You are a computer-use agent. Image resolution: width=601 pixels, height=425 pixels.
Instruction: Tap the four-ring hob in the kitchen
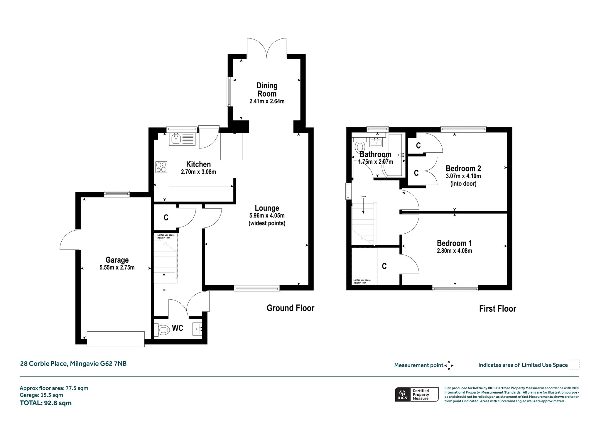click(161, 167)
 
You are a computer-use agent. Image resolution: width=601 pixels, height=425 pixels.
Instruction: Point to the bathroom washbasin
click(376, 142)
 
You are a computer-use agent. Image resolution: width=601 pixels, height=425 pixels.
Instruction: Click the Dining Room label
click(267, 90)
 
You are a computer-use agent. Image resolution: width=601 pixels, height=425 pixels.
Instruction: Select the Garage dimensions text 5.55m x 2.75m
click(117, 267)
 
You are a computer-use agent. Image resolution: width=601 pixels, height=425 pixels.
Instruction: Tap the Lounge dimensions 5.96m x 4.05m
click(267, 215)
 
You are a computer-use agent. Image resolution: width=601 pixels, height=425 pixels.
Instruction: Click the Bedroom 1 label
click(454, 243)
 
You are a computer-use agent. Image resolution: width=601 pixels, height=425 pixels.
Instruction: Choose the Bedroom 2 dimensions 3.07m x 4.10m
click(463, 176)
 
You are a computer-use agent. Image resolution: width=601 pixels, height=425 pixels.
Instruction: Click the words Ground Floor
click(291, 308)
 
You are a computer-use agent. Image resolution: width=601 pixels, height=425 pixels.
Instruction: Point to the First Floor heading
click(498, 308)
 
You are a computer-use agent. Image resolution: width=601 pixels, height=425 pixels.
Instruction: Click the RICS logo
click(403, 394)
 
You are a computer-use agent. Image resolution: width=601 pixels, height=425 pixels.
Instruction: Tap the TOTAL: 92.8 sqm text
click(46, 403)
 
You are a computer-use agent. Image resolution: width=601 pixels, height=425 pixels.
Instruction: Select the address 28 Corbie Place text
click(44, 364)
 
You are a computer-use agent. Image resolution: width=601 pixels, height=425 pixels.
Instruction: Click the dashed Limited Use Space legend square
click(575, 365)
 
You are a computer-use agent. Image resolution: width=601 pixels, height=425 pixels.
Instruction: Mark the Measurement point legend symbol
click(449, 365)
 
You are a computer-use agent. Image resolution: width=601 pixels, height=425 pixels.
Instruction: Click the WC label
click(178, 328)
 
